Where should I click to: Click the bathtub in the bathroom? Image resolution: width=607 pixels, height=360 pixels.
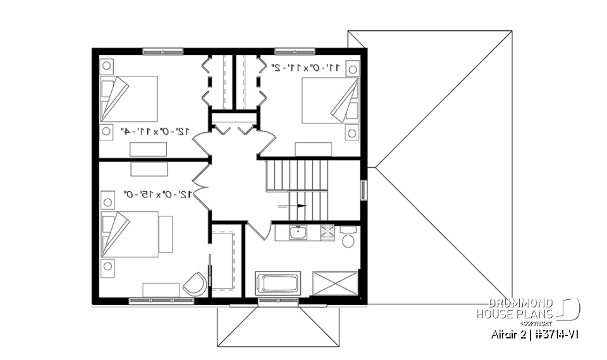[x=278, y=282]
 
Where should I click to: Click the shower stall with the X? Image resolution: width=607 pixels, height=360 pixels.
[x=334, y=282]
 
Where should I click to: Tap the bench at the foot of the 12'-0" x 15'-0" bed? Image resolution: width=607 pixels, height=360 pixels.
[x=166, y=235]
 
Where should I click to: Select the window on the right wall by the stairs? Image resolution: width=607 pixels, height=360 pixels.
[x=363, y=190]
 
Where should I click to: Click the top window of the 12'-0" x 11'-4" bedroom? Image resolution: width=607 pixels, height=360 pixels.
[x=162, y=52]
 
